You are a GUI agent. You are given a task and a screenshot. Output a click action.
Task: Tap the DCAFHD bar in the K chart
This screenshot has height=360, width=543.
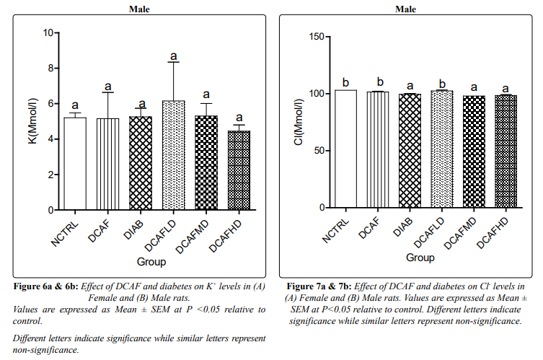(x=239, y=170)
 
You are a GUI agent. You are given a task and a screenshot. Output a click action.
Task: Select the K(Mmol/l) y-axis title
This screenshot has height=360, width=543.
(x=31, y=120)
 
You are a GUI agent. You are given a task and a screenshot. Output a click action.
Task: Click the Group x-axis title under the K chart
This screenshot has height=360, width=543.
(x=151, y=262)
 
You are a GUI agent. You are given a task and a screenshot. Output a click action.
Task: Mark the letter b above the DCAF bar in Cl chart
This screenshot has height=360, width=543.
(x=378, y=82)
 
